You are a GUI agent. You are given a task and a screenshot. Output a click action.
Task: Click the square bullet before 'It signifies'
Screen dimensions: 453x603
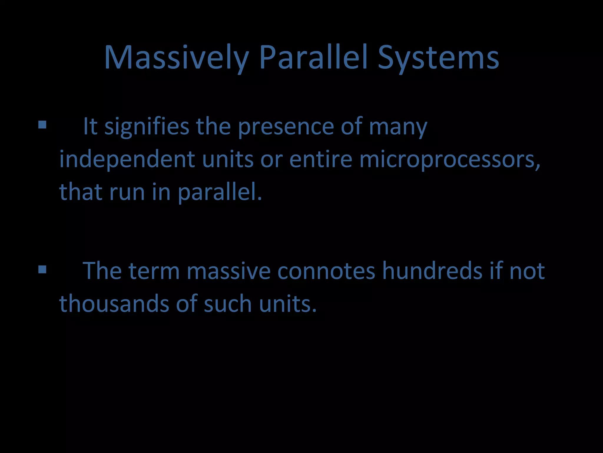(42, 125)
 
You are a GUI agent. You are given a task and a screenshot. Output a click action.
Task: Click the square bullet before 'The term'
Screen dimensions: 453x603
(42, 269)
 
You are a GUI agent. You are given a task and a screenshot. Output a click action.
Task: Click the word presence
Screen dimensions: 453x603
(286, 127)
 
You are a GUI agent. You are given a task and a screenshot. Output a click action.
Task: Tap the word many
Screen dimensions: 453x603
(398, 127)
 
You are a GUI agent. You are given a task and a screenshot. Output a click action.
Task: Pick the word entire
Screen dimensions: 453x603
(321, 159)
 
